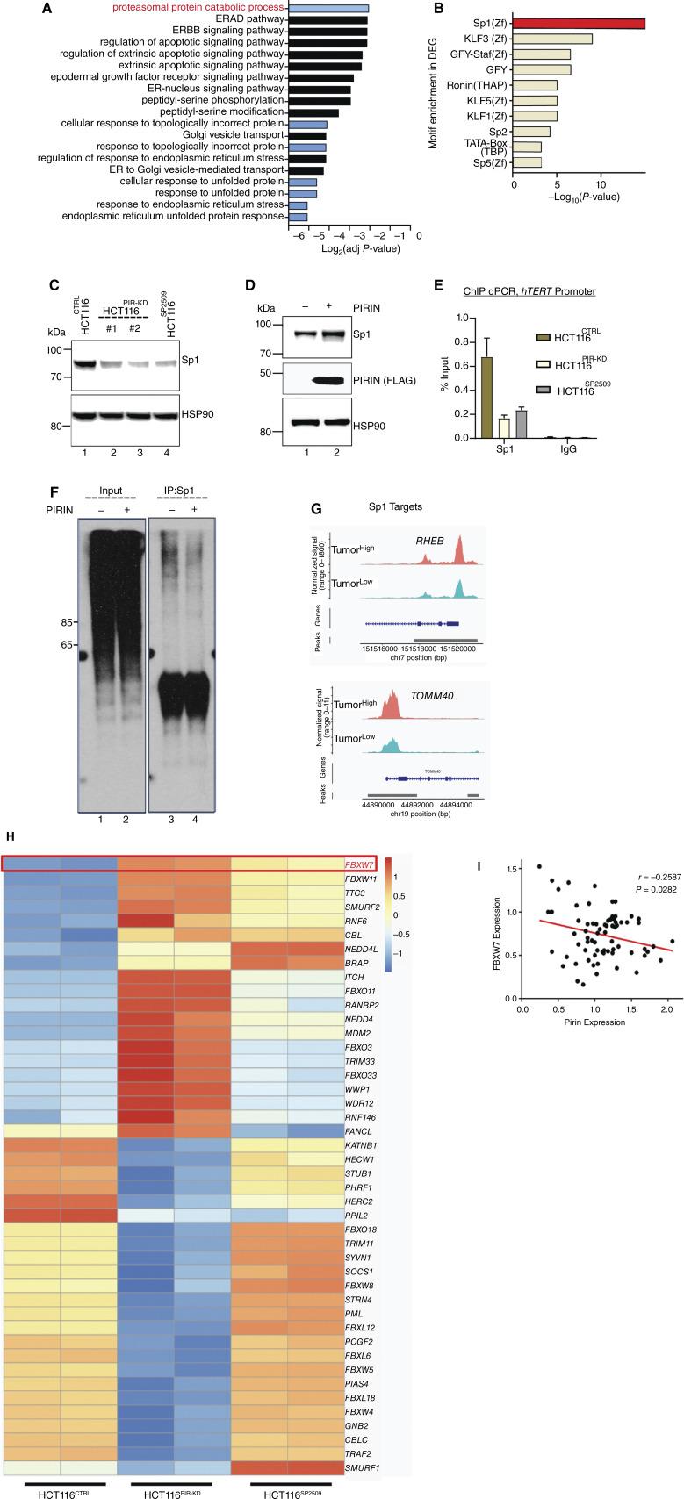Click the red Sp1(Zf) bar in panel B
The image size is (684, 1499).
coord(579,24)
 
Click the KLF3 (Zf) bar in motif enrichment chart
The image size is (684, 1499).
coord(552,39)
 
